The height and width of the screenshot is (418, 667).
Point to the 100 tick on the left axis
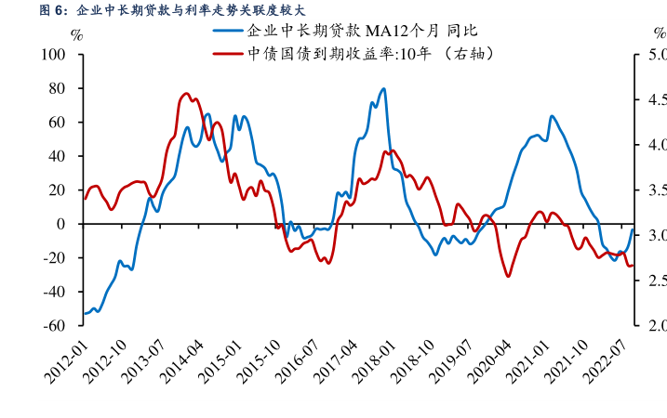coord(54,55)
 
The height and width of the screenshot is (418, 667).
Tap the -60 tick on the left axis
coord(54,326)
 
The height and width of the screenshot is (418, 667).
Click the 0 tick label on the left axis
coord(61,224)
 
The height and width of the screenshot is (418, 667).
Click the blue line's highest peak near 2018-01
coord(384,89)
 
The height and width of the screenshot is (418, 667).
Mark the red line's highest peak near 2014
coord(186,94)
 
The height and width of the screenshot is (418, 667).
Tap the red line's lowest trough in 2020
coord(508,276)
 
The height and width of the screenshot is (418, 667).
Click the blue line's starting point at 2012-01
coord(85,314)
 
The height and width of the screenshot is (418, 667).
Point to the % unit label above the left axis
coord(76,35)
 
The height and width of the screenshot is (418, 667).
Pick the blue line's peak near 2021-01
coord(552,116)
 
